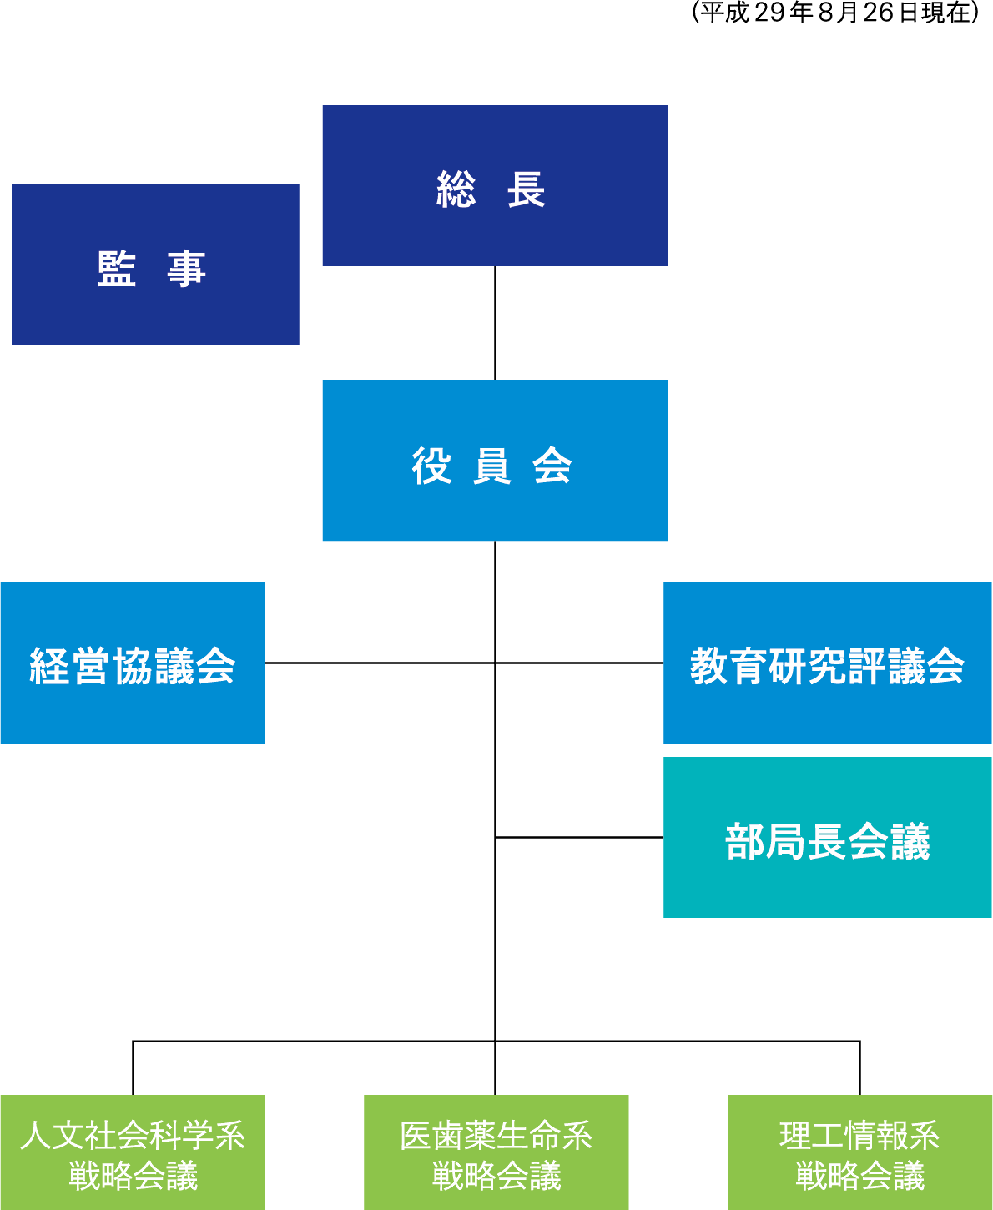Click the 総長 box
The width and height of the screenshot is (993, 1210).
[x=495, y=185]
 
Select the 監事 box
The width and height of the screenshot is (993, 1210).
[x=155, y=265]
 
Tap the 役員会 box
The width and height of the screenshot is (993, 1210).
[x=495, y=461]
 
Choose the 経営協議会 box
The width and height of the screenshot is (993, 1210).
[x=133, y=663]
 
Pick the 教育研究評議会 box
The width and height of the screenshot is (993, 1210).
[x=827, y=663]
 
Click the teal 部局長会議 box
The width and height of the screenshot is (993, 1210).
[x=827, y=838]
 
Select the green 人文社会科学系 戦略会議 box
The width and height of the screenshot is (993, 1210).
[x=133, y=1152]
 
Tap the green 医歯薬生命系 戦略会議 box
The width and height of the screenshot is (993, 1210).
[x=496, y=1152]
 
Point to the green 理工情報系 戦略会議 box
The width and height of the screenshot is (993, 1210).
[x=859, y=1152]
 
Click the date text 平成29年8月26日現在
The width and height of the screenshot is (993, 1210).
[x=835, y=13]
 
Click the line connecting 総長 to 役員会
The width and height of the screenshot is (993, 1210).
[x=495, y=323]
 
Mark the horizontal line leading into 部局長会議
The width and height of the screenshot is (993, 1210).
[x=579, y=837]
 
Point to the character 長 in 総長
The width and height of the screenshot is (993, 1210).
[x=527, y=189]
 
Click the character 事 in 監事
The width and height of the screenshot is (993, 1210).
[x=186, y=269]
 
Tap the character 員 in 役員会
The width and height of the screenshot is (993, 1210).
[x=491, y=466]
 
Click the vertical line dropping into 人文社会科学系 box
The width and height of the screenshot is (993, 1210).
[x=134, y=1068]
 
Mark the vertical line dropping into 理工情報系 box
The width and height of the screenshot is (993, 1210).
[x=859, y=1068]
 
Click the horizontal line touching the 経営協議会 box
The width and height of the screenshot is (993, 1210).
[x=380, y=663]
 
